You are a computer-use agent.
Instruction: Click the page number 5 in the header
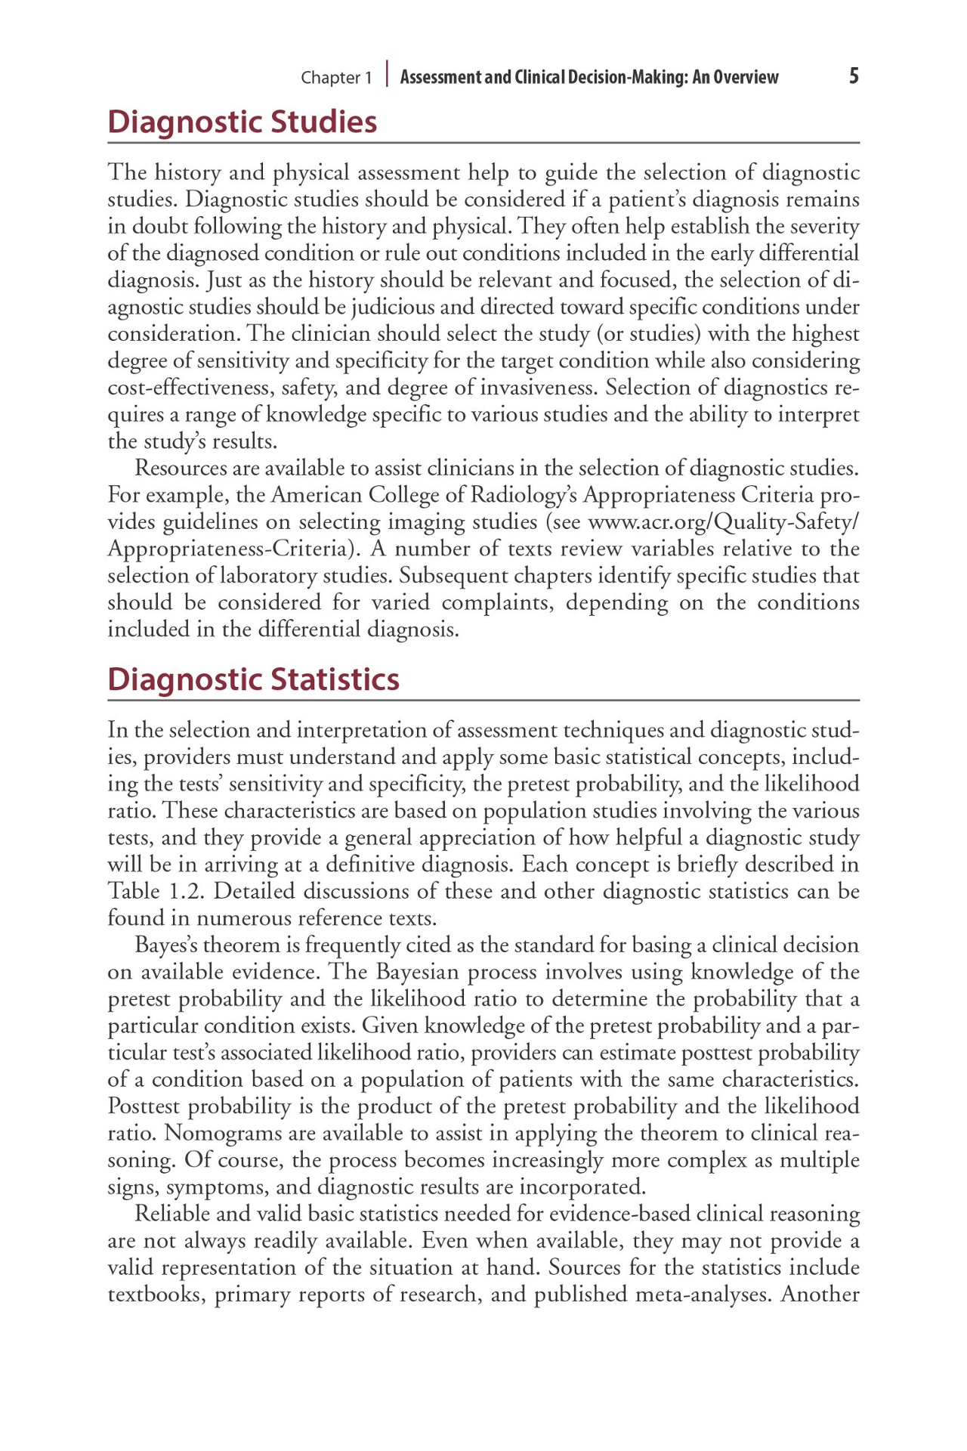tap(854, 76)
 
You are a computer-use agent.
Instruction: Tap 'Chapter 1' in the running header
tap(336, 78)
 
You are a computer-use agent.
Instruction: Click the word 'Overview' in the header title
tap(746, 77)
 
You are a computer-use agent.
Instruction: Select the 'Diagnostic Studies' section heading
tap(242, 122)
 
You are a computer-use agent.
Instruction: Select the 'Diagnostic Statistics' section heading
tap(253, 679)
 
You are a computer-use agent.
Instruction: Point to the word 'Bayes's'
tap(166, 945)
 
